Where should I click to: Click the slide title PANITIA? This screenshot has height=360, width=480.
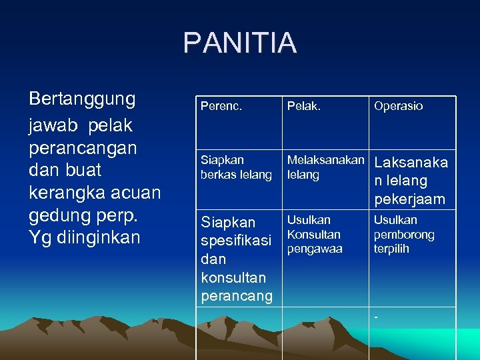(x=240, y=43)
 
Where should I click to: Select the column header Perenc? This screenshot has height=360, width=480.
(x=221, y=106)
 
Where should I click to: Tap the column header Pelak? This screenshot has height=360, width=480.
(x=303, y=106)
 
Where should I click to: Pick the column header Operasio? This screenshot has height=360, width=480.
(x=398, y=106)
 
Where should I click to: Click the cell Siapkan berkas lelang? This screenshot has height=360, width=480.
(x=236, y=167)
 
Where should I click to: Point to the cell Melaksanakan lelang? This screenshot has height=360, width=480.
(x=325, y=167)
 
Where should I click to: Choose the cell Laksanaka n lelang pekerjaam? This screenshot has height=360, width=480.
(x=411, y=181)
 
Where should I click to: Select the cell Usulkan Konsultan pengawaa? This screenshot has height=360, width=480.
(x=314, y=234)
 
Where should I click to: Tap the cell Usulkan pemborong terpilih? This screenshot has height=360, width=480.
(x=404, y=234)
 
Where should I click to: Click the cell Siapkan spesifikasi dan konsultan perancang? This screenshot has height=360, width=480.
(x=237, y=259)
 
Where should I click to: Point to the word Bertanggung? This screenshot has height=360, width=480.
(x=83, y=99)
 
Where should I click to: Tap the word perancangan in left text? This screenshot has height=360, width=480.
(x=83, y=147)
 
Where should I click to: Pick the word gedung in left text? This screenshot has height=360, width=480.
(x=59, y=215)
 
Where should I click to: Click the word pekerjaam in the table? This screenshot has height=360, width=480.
(x=409, y=199)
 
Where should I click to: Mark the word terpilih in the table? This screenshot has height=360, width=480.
(x=391, y=249)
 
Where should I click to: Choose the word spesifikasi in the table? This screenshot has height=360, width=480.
(x=237, y=240)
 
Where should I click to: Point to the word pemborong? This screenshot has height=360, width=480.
(x=404, y=235)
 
